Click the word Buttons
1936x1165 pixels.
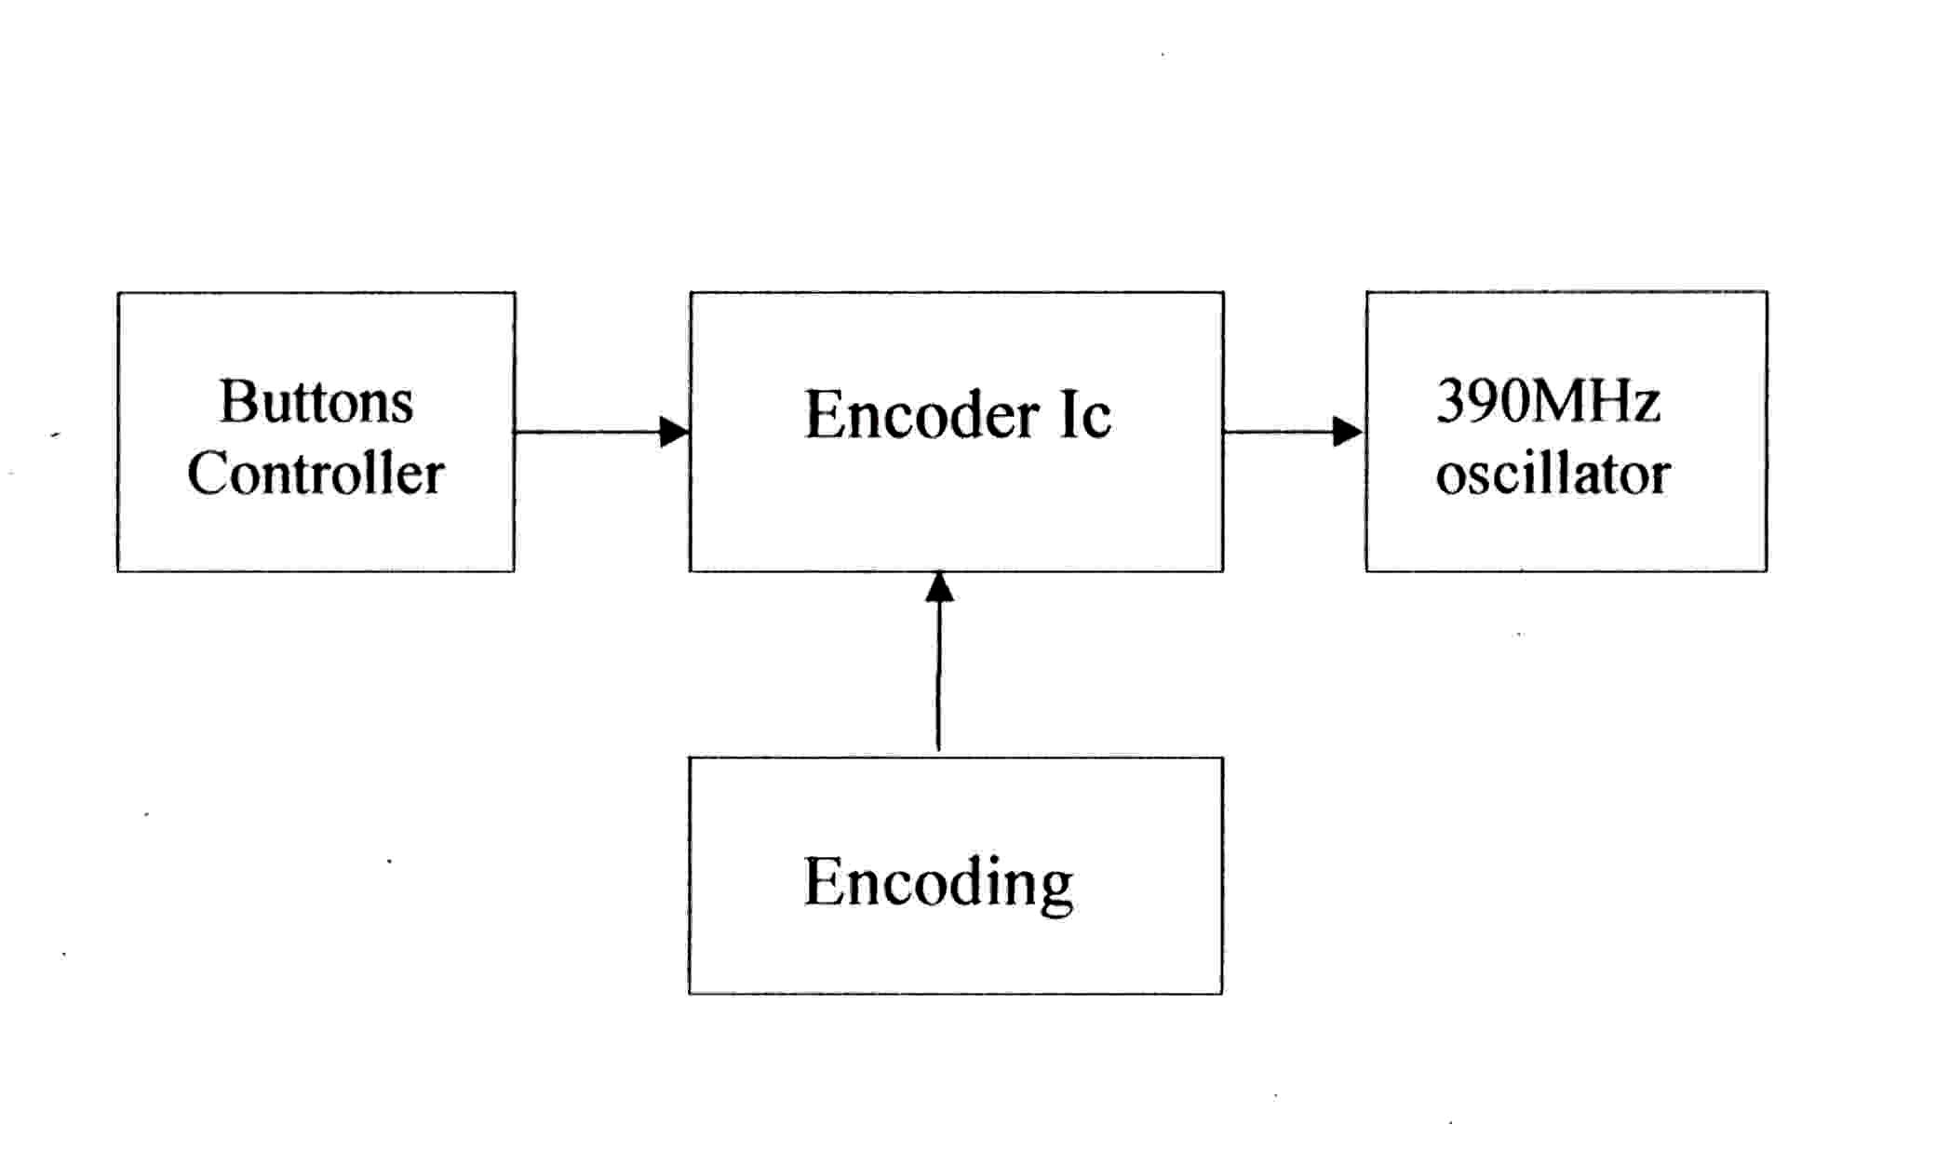click(x=316, y=402)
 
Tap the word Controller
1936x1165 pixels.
click(x=316, y=473)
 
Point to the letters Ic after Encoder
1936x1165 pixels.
click(x=1085, y=415)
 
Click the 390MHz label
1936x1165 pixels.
click(x=1548, y=401)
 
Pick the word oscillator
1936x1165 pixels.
click(x=1553, y=474)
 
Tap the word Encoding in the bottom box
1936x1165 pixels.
click(x=938, y=882)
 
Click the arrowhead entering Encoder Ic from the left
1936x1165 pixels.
click(x=674, y=432)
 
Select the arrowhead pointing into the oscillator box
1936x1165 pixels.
click(x=1347, y=432)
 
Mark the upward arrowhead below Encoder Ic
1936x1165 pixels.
click(x=939, y=588)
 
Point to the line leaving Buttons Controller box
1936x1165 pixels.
click(x=586, y=432)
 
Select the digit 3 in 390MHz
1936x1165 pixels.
click(x=1452, y=401)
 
